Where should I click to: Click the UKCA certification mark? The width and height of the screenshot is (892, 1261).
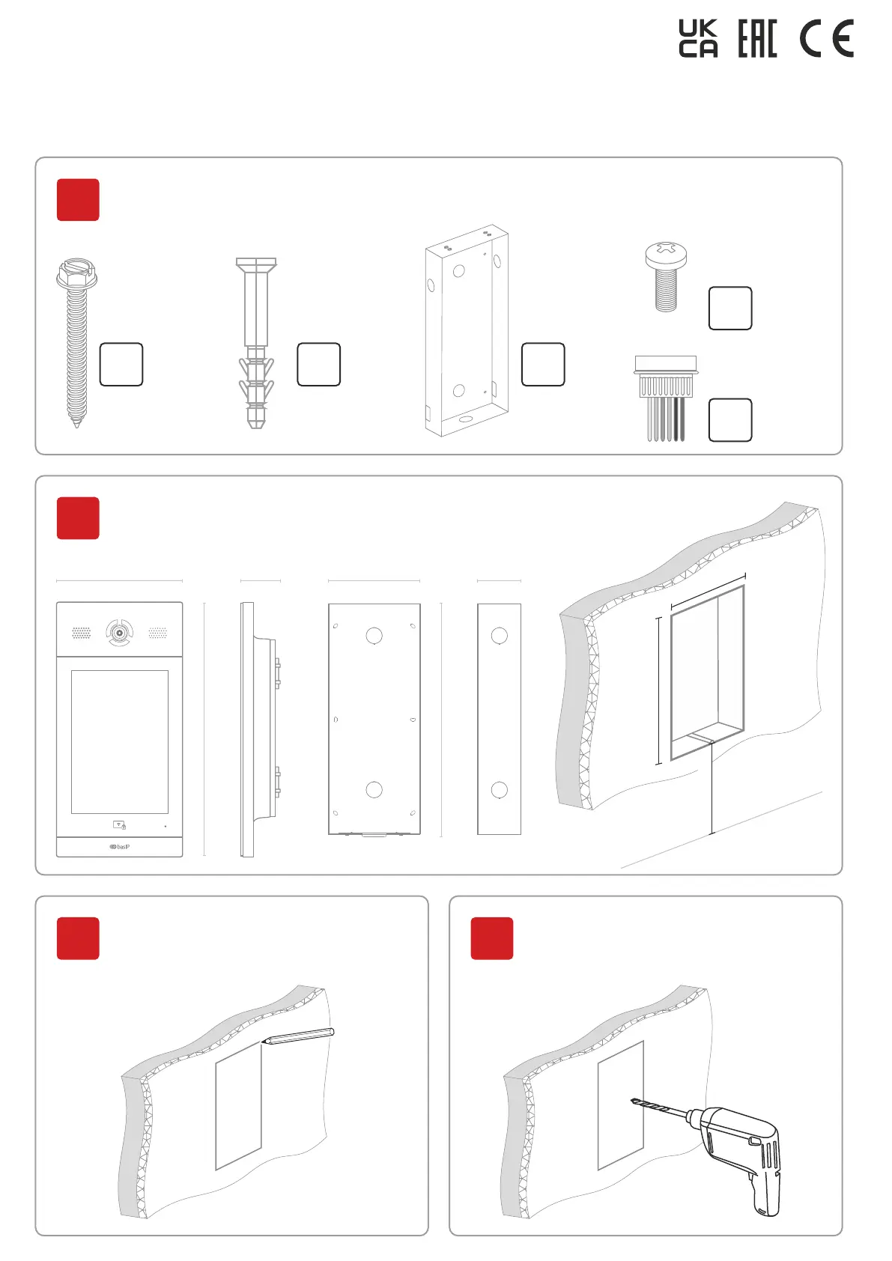click(x=698, y=39)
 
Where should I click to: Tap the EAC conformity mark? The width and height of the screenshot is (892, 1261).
click(x=757, y=39)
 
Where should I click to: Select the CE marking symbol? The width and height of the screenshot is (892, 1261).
click(x=826, y=39)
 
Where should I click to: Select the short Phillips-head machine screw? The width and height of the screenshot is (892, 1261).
click(x=665, y=276)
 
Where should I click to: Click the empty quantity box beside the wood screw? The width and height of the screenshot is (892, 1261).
click(x=121, y=365)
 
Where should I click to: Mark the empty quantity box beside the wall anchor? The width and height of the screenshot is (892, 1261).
click(x=319, y=365)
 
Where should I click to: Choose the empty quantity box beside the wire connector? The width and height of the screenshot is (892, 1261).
click(x=730, y=420)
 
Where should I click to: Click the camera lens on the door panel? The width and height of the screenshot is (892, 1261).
click(x=119, y=633)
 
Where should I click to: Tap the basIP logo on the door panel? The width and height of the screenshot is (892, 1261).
click(x=120, y=847)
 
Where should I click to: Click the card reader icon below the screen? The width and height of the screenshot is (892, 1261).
click(x=119, y=825)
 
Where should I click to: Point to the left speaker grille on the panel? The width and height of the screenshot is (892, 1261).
click(x=81, y=633)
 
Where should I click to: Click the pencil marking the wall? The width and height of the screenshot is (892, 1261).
click(x=298, y=1036)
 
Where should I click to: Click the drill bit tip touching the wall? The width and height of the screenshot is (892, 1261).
click(x=634, y=1101)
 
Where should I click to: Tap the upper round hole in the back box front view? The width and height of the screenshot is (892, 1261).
click(x=374, y=636)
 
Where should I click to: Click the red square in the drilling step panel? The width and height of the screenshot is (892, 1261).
click(x=492, y=938)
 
